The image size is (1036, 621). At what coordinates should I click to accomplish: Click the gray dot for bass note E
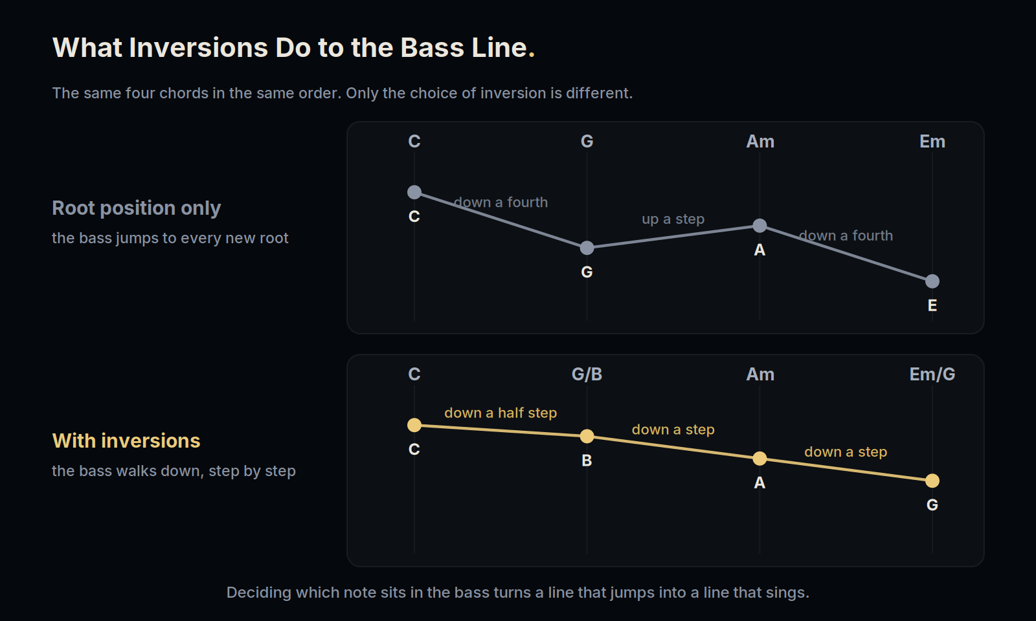tap(932, 281)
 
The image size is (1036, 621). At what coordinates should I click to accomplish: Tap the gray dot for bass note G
tap(587, 248)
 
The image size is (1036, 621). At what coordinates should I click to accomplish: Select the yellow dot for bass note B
tap(587, 436)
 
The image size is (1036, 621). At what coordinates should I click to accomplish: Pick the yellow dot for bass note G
tap(932, 481)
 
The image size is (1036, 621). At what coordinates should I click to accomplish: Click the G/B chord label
tap(587, 375)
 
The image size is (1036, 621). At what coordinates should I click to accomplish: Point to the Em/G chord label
tap(932, 375)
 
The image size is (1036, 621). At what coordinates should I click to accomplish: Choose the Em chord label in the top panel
tap(932, 142)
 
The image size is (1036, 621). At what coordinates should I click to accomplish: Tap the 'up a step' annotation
tap(673, 219)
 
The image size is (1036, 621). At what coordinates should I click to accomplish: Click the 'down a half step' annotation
tap(501, 413)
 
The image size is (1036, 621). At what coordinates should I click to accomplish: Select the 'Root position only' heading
tap(137, 208)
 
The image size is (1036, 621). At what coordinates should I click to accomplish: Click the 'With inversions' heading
tap(126, 441)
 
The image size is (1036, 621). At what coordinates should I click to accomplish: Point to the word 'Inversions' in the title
tap(198, 48)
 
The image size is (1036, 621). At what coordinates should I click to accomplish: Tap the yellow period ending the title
tap(532, 55)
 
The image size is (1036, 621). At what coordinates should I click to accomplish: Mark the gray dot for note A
tap(760, 226)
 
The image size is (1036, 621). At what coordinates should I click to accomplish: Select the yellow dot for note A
tap(760, 459)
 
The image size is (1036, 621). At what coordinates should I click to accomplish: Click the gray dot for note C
tap(414, 192)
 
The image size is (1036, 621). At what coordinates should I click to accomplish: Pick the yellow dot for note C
tap(414, 425)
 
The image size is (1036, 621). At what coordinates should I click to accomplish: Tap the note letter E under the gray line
tap(932, 305)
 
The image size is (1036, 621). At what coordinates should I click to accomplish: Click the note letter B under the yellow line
tap(587, 461)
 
